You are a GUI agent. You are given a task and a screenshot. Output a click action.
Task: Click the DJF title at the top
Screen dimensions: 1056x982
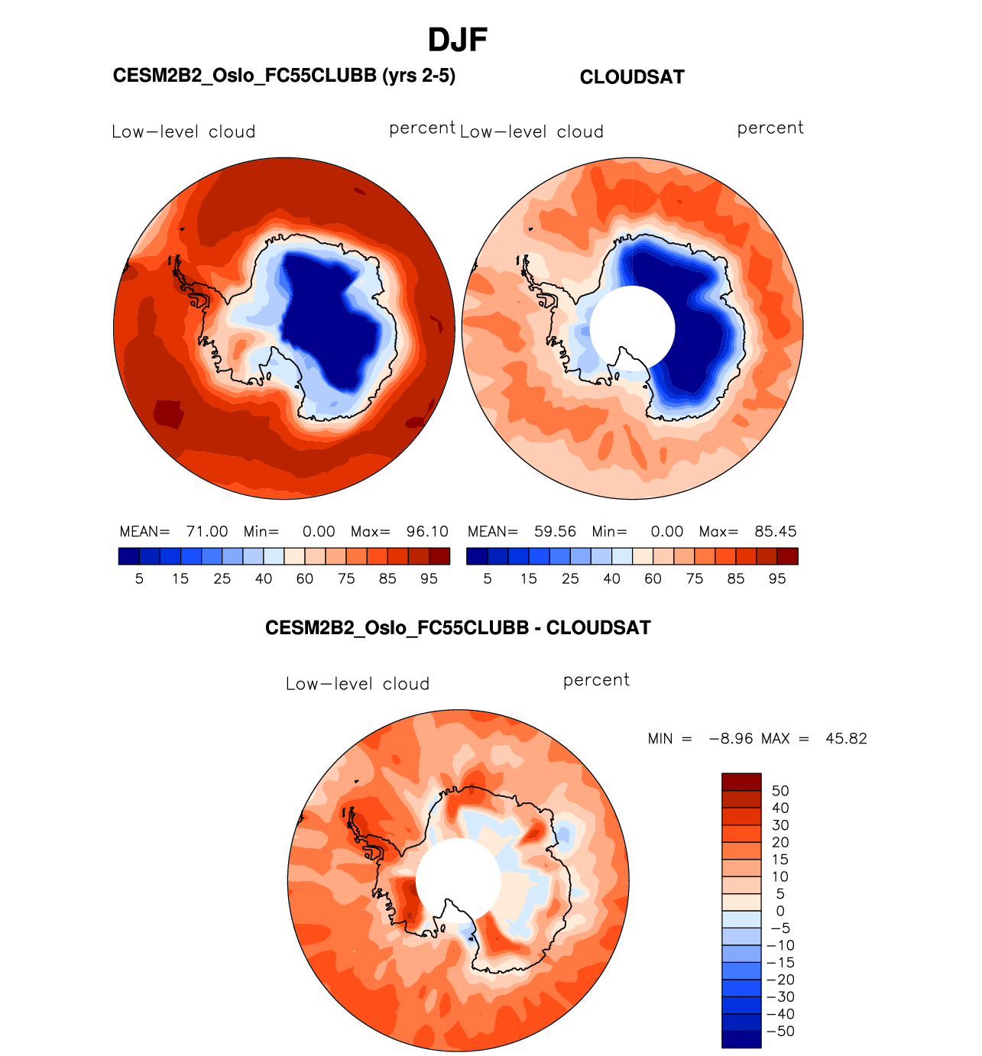tap(458, 40)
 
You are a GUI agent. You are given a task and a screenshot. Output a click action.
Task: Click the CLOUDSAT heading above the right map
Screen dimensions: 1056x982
tap(632, 77)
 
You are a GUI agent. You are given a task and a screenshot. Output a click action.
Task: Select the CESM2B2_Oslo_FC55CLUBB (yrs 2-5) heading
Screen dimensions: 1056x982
tap(284, 76)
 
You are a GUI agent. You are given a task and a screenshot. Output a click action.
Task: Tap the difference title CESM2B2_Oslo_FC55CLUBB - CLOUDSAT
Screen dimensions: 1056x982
tap(458, 628)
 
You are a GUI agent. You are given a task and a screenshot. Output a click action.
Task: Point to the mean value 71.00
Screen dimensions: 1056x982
tap(207, 532)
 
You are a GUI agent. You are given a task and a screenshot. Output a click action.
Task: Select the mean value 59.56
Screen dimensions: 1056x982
tap(556, 532)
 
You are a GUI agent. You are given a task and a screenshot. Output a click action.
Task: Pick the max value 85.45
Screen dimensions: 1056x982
tap(776, 532)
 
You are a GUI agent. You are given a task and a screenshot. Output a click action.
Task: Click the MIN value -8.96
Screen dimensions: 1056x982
tap(731, 739)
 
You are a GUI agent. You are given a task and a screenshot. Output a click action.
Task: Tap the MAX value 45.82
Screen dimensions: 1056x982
tap(846, 739)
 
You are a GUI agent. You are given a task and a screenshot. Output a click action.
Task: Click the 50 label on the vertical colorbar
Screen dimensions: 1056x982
tap(780, 791)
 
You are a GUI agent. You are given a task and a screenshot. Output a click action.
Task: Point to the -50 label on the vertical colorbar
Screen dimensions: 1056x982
tap(780, 1032)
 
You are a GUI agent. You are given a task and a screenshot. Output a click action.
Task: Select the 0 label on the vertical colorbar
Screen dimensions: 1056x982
tap(780, 911)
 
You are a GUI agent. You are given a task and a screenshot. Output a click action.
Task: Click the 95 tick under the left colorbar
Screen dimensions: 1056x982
tap(429, 579)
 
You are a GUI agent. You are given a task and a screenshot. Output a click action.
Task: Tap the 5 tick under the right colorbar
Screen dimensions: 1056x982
tap(488, 579)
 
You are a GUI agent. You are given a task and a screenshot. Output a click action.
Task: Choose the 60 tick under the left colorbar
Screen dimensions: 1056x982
tap(305, 579)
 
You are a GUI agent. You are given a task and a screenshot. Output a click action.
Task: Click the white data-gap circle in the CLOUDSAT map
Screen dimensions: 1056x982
tap(633, 329)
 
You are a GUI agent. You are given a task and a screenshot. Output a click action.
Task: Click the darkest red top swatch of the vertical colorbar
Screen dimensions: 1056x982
tap(741, 782)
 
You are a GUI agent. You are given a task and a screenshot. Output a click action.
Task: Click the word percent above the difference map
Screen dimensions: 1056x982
tap(596, 681)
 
